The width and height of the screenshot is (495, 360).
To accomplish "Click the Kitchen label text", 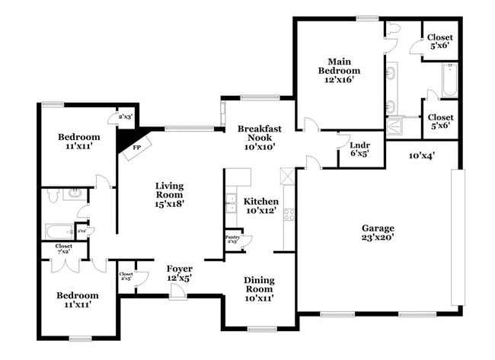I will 261,201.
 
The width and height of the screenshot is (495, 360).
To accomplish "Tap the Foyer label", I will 180,269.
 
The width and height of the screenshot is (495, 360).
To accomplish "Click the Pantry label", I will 233,237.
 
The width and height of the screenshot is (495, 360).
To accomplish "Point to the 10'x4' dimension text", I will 422,156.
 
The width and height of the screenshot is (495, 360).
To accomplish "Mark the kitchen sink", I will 230,203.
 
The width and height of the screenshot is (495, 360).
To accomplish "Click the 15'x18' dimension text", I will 169,203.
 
